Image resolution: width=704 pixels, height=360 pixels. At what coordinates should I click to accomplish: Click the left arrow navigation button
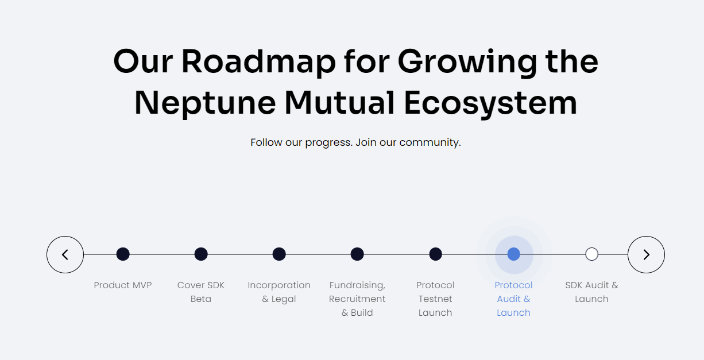click(65, 254)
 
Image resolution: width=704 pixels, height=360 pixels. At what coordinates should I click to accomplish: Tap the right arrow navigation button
click(646, 254)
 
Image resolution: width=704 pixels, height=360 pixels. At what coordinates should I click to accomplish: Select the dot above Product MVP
click(123, 254)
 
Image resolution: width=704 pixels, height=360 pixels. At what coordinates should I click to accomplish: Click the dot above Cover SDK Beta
click(201, 254)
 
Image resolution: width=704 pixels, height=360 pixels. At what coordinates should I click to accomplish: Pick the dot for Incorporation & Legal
click(279, 254)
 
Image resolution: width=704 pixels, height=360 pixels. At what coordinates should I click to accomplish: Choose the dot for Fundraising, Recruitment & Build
click(357, 254)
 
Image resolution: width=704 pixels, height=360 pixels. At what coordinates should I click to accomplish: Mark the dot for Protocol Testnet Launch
click(435, 254)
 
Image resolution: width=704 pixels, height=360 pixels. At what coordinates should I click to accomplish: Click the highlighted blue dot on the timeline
click(513, 254)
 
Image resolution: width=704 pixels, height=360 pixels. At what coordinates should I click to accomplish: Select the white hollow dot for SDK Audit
click(592, 254)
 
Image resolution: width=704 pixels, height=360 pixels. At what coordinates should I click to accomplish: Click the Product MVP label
click(123, 285)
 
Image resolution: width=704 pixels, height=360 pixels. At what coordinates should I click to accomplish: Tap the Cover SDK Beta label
click(201, 292)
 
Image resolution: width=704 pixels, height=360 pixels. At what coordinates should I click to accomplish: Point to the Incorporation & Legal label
click(279, 292)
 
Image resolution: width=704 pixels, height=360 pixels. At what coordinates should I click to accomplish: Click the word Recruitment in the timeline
click(357, 299)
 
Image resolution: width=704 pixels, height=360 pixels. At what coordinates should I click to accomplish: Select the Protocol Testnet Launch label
click(435, 299)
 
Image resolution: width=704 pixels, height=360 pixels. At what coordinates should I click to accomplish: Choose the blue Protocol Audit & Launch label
click(513, 299)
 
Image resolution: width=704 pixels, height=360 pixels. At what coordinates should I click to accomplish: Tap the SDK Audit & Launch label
click(592, 292)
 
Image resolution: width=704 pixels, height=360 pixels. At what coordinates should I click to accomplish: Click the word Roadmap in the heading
click(258, 62)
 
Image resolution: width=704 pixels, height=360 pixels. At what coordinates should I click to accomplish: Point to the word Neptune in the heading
click(205, 103)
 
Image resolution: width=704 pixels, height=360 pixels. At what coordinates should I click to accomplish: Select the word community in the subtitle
click(430, 142)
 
